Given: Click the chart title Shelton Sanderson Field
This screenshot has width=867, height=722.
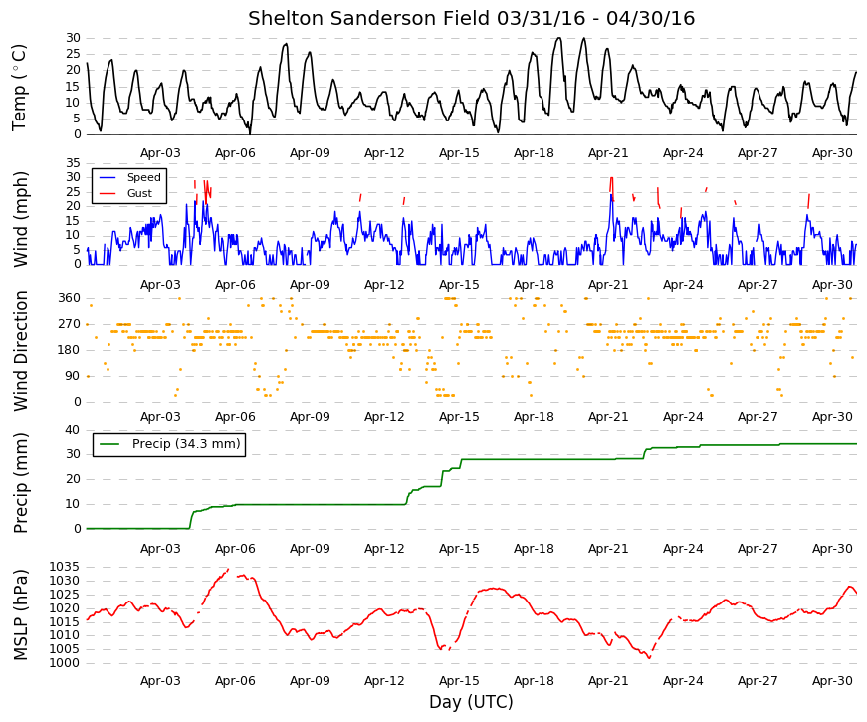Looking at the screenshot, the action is pyautogui.click(x=369, y=18).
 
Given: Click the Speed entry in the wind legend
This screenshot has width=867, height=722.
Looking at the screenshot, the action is pyautogui.click(x=143, y=177).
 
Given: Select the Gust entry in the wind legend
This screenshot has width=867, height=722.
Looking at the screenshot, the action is pyautogui.click(x=139, y=193).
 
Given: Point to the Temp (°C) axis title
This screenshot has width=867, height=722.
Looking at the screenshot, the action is pyautogui.click(x=19, y=88).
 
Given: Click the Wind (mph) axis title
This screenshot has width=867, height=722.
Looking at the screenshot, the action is pyautogui.click(x=20, y=220).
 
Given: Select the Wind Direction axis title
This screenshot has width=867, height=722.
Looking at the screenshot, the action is pyautogui.click(x=21, y=352).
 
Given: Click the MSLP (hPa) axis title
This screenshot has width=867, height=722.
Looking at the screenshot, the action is pyautogui.click(x=20, y=615).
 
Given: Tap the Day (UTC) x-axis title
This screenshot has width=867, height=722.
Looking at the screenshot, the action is pyautogui.click(x=471, y=702).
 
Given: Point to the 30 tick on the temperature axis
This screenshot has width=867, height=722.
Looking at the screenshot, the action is pyautogui.click(x=74, y=38).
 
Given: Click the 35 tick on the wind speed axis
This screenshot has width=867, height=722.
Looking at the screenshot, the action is pyautogui.click(x=74, y=163).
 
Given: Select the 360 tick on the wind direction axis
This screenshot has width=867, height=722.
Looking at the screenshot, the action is pyautogui.click(x=70, y=298).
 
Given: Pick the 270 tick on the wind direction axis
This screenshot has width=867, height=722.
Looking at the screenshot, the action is pyautogui.click(x=70, y=324).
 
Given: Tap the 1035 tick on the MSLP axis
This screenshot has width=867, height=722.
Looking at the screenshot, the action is pyautogui.click(x=65, y=567).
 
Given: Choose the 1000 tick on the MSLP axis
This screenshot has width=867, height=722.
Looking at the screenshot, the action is pyautogui.click(x=65, y=663).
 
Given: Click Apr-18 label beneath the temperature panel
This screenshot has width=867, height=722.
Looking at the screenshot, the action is pyautogui.click(x=534, y=153).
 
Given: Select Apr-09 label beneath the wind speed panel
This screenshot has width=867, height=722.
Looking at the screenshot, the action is pyautogui.click(x=310, y=285).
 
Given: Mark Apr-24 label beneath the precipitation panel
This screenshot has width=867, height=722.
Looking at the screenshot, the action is pyautogui.click(x=683, y=549).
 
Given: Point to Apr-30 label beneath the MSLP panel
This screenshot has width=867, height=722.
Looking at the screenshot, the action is pyautogui.click(x=832, y=681).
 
